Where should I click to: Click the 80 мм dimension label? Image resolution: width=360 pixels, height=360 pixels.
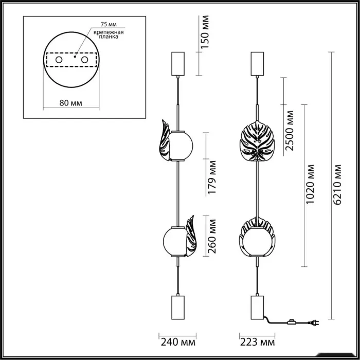71,103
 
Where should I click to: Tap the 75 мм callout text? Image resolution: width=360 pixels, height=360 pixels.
109,24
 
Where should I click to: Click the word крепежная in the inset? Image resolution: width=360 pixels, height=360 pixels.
109,32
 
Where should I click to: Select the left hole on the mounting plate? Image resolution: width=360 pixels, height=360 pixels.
59,60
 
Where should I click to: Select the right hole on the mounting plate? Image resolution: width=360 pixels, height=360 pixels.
84,60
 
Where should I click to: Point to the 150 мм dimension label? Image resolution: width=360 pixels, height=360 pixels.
205,32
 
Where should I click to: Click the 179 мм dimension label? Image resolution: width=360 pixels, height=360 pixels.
212,177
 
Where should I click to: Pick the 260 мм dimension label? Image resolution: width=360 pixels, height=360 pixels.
212,236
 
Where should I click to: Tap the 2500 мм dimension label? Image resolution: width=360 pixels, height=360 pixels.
289,131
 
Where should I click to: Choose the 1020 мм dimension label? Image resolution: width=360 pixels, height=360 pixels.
310,184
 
